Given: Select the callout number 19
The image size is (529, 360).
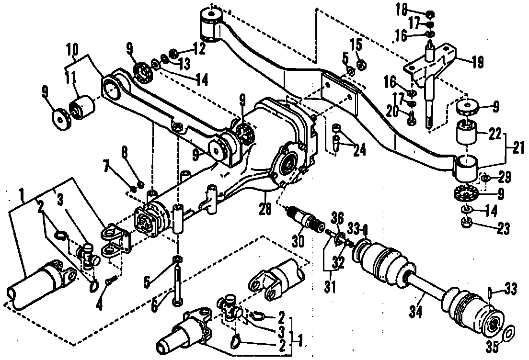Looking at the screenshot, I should [x=477, y=62].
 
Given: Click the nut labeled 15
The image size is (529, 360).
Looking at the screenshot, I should [x=362, y=63].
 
